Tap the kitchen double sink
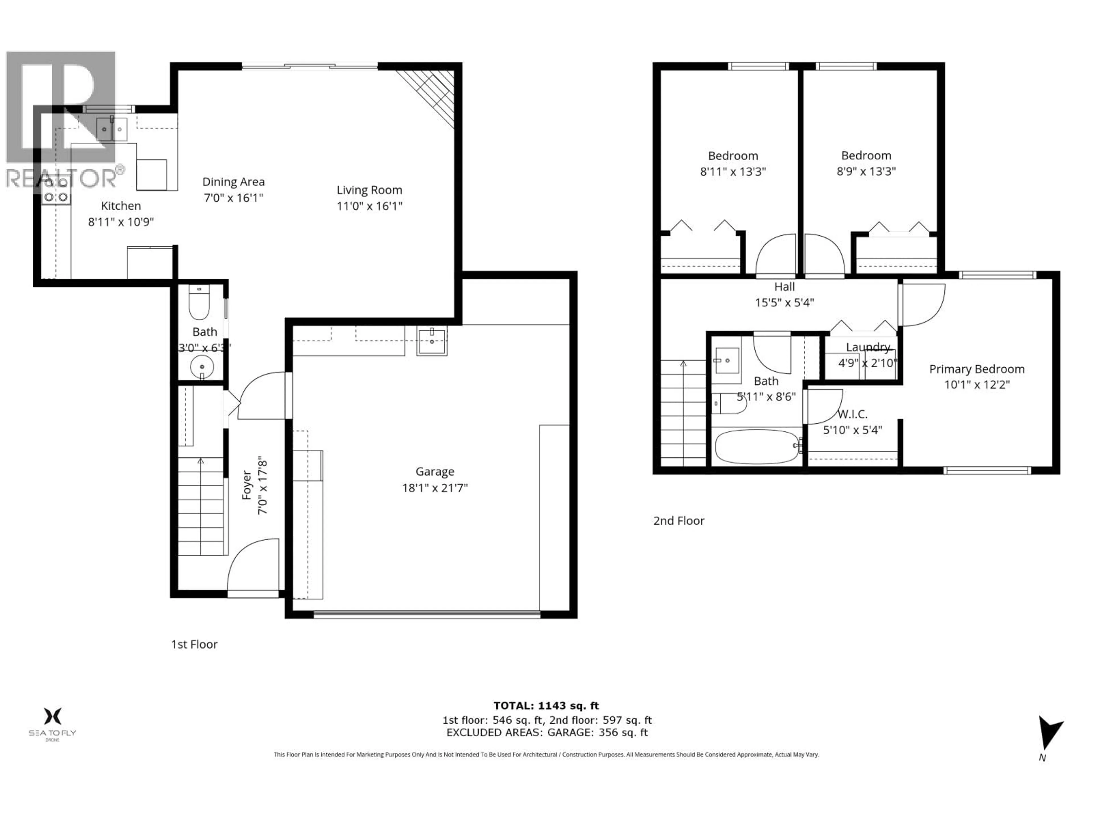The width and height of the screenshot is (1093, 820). coord(112,130)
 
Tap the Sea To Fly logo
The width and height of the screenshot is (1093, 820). coord(52,723)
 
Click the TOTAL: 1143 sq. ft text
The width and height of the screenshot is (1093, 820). coord(546,706)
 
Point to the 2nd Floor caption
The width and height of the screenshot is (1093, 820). coord(679,520)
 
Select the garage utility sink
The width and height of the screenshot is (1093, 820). coord(432,341)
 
